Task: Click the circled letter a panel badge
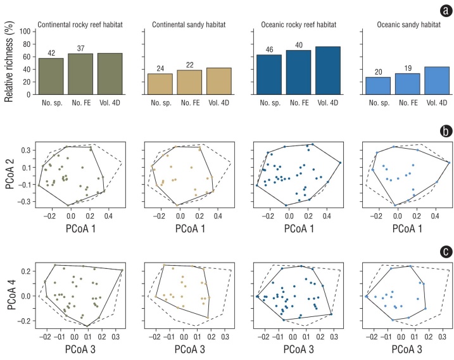click(x=443, y=11)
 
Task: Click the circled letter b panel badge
click(x=443, y=132)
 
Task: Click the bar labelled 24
click(x=160, y=84)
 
